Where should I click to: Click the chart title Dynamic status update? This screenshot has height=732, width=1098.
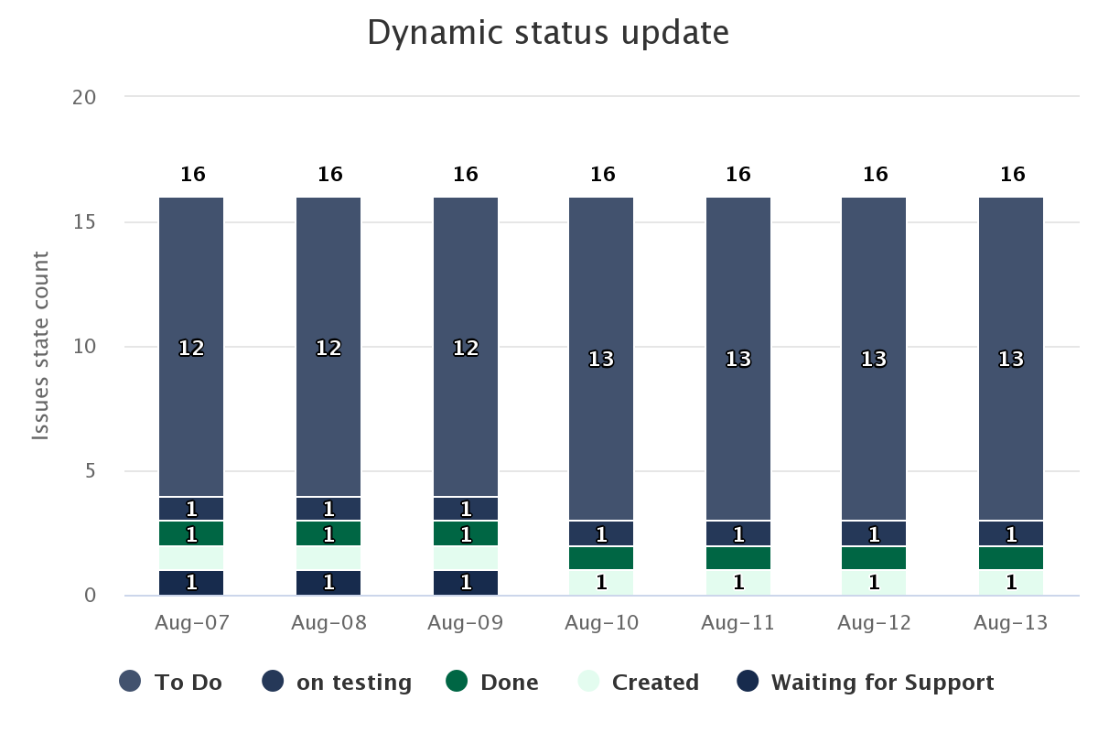[548, 33]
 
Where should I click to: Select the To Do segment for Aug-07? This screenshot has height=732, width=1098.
[191, 347]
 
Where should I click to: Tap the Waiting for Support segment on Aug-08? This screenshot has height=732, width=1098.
[328, 583]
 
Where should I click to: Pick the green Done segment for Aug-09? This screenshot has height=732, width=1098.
[466, 533]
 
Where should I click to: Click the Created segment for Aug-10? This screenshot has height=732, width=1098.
[601, 583]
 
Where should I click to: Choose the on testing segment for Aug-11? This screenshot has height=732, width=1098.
[738, 533]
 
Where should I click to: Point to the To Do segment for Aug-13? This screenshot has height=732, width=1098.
[1011, 359]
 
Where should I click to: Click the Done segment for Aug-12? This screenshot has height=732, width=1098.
[874, 558]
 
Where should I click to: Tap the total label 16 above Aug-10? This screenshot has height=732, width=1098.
[602, 174]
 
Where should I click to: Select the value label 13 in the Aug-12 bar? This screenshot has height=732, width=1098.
[874, 360]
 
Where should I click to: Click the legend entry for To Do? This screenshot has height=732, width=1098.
[170, 682]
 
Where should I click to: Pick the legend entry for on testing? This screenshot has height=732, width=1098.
[337, 682]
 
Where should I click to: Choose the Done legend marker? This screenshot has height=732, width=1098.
[457, 681]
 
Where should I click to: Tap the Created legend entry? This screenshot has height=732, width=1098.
[639, 682]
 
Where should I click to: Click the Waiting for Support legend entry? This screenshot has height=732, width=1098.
[866, 682]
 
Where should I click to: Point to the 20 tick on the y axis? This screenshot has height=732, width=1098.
[84, 98]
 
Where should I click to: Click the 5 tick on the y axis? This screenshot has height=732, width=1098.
[91, 471]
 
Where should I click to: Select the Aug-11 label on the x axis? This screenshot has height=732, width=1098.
[737, 623]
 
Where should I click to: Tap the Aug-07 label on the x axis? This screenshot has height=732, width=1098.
[191, 623]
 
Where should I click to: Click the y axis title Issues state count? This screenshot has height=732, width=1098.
[40, 346]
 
